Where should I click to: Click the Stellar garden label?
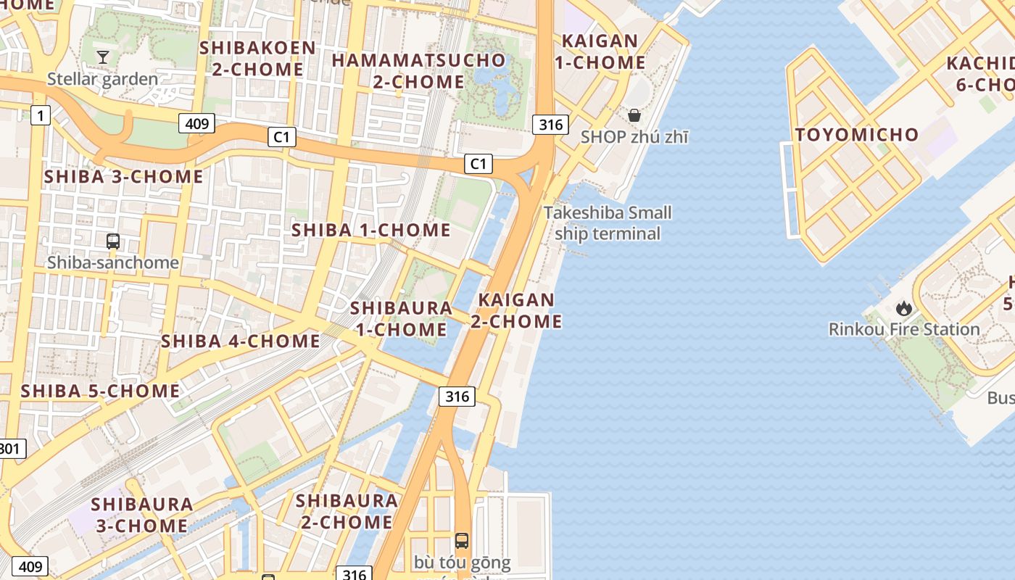(x=102, y=79)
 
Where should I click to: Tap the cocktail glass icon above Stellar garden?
(x=103, y=57)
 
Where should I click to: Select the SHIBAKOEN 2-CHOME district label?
(x=257, y=59)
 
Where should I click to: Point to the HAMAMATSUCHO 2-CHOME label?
(x=418, y=70)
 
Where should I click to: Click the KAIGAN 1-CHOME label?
(x=600, y=51)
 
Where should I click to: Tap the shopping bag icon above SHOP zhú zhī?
(x=634, y=115)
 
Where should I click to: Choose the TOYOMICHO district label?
(x=856, y=135)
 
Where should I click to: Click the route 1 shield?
(x=41, y=115)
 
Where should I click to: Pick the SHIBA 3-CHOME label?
(x=124, y=177)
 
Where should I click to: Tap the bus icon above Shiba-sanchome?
(x=113, y=241)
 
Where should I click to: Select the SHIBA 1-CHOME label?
(x=370, y=231)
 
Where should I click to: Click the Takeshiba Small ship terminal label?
(x=608, y=223)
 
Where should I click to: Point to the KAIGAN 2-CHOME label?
(x=516, y=310)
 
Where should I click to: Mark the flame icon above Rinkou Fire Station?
(x=904, y=308)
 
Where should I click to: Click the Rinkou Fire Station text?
(x=904, y=330)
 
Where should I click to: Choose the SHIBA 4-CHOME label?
(x=240, y=341)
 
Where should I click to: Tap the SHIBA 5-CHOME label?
(x=100, y=391)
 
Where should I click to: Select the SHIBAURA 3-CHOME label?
(x=142, y=515)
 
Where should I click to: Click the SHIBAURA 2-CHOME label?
(x=346, y=511)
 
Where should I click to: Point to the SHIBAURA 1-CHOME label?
(x=401, y=319)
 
